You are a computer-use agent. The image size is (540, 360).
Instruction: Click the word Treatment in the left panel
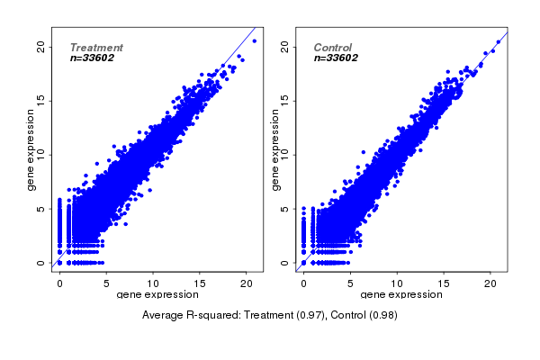pos(96,48)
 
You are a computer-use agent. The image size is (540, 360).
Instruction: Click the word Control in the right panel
pos(333,48)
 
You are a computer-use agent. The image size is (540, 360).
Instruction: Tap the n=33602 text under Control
pos(337,58)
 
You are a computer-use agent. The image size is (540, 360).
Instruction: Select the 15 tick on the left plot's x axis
pos(200,283)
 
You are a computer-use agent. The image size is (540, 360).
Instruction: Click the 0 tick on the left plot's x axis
pos(59,283)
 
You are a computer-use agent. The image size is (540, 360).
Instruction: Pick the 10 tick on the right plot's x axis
pos(397,283)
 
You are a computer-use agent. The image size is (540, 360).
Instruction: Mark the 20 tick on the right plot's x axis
pos(490,283)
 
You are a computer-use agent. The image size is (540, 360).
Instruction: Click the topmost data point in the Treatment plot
pos(255,40)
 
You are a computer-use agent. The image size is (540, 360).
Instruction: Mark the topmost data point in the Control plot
pos(499,42)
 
